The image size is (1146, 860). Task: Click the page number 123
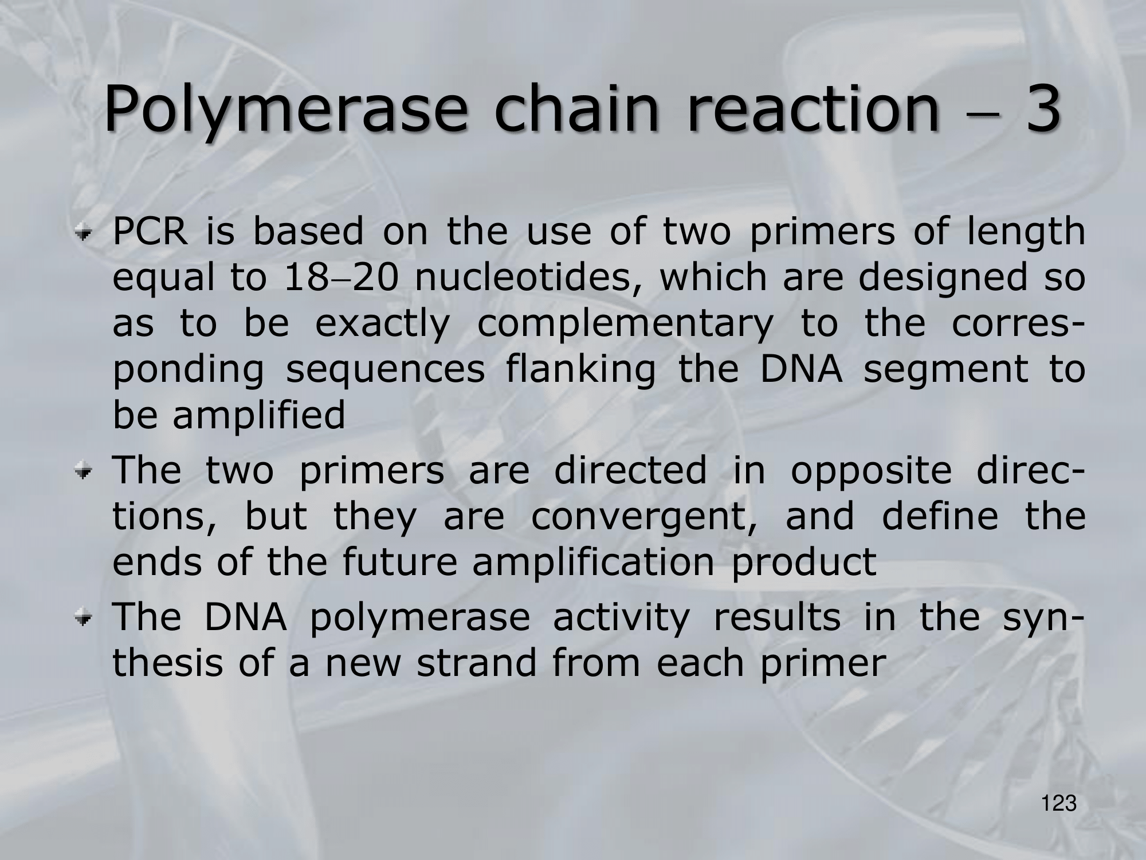pyautogui.click(x=1059, y=803)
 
